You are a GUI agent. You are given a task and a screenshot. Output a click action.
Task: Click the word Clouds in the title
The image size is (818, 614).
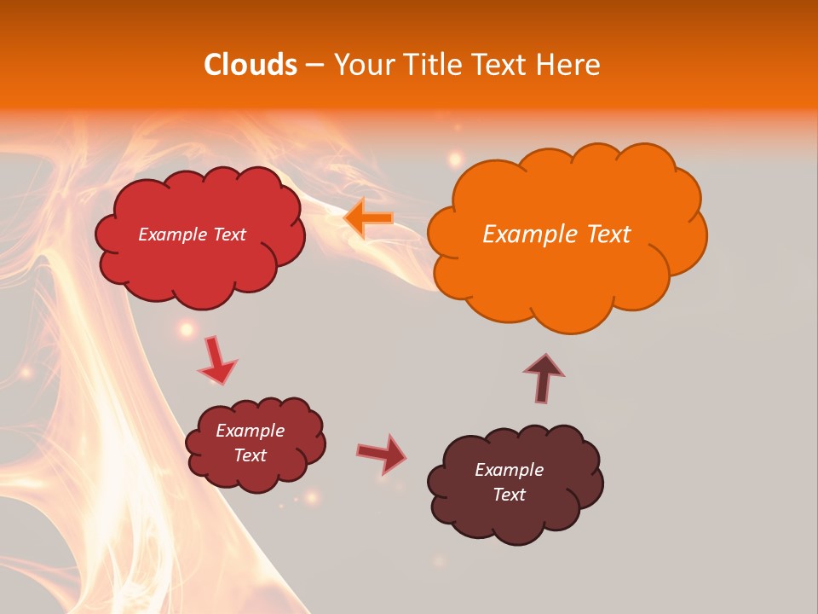pyautogui.click(x=250, y=65)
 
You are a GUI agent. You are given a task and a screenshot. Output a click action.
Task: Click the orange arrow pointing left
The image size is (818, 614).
pyautogui.click(x=368, y=218)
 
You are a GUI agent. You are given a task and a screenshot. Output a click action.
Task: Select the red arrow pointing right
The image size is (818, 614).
pyautogui.click(x=381, y=453)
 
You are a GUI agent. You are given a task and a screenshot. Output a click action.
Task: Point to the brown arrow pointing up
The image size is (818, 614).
pyautogui.click(x=544, y=378)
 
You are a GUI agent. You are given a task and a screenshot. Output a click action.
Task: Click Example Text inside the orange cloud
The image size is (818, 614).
pyautogui.click(x=556, y=235)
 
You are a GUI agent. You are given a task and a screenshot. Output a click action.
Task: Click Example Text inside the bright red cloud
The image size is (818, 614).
pyautogui.click(x=192, y=235)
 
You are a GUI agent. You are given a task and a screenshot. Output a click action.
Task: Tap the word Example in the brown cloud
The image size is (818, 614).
pyautogui.click(x=509, y=470)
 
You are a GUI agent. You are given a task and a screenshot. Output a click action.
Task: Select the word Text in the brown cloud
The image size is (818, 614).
pyautogui.click(x=509, y=495)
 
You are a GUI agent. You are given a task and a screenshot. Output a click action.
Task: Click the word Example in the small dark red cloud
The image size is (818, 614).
pyautogui.click(x=250, y=431)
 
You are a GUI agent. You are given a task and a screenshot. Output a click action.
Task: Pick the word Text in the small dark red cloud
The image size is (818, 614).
pyautogui.click(x=250, y=455)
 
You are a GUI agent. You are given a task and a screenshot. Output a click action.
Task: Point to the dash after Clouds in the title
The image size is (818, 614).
pyautogui.click(x=314, y=66)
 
